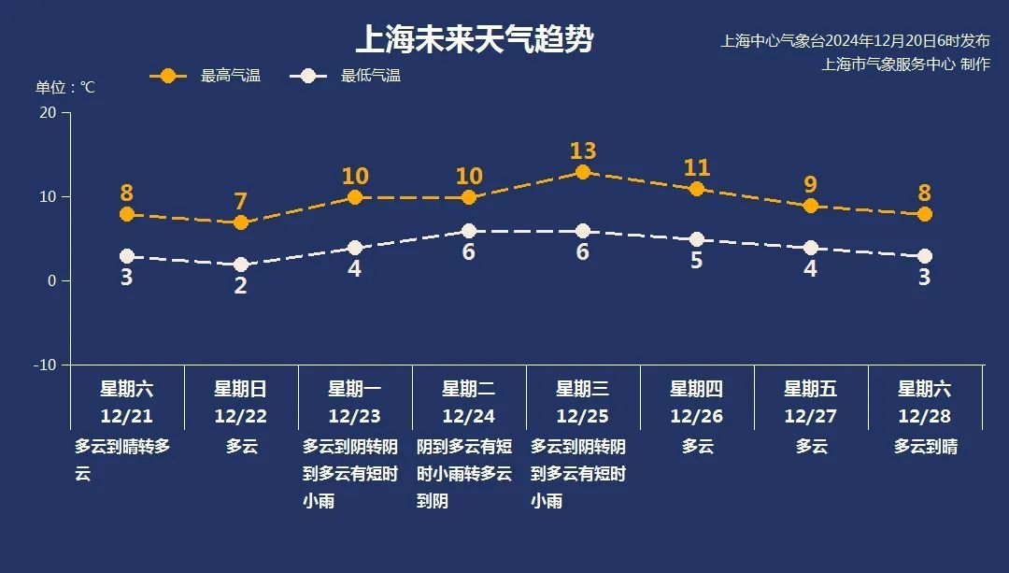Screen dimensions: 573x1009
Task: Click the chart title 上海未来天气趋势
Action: [475, 40]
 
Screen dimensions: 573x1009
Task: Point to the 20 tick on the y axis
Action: [48, 112]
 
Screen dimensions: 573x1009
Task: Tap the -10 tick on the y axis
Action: [45, 365]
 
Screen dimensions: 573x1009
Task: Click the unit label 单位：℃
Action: [65, 87]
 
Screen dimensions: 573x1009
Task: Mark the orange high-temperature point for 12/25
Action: [583, 172]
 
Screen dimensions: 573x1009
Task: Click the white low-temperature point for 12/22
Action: [241, 265]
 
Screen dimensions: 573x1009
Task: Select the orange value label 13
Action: [583, 150]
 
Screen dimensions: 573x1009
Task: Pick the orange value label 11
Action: [697, 167]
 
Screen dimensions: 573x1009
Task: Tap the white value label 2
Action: [241, 286]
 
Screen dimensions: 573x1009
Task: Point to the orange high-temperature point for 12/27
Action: [811, 206]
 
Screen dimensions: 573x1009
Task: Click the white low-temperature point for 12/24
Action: [469, 231]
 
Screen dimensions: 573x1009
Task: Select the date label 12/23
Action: [355, 416]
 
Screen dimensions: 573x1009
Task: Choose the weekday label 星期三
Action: [583, 389]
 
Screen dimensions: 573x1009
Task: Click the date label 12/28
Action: [925, 416]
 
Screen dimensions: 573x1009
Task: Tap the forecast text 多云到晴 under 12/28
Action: [925, 446]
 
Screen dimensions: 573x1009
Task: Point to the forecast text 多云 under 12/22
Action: [241, 446]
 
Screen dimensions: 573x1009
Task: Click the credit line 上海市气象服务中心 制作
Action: [905, 64]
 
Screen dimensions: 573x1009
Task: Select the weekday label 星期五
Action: [811, 389]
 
